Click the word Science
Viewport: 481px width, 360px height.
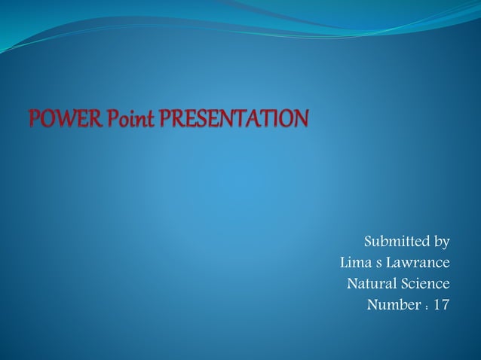[425, 284]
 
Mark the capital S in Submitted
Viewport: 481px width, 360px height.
[369, 242]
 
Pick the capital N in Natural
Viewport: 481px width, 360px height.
[352, 284]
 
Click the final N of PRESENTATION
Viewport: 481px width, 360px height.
[301, 119]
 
